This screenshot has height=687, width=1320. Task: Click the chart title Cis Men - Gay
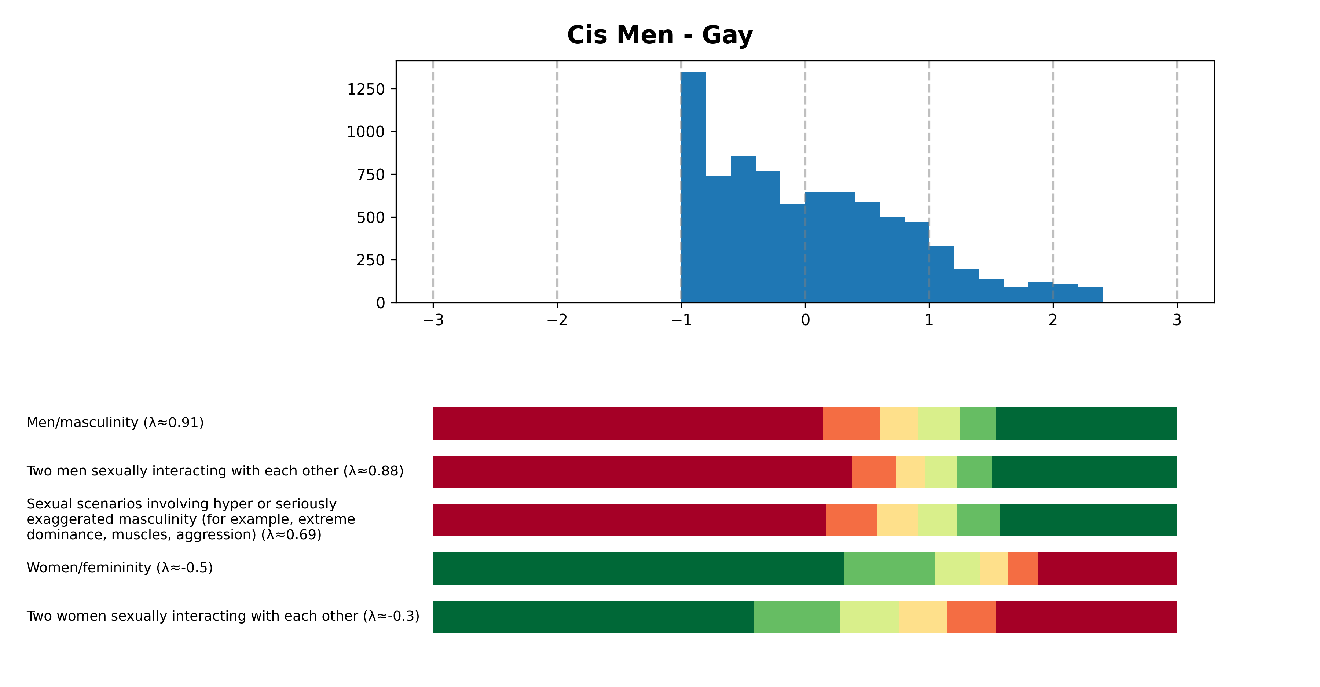[660, 35]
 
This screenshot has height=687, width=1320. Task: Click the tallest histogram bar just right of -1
[693, 187]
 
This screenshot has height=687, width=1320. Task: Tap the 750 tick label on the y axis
[370, 175]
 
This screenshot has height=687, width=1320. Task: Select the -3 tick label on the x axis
[433, 320]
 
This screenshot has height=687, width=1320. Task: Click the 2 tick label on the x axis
[1053, 320]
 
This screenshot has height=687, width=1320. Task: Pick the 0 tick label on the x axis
[805, 320]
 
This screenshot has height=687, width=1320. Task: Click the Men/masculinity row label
[115, 423]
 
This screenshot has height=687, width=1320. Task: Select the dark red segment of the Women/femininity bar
[1107, 568]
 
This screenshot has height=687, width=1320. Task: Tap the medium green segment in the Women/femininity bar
[890, 568]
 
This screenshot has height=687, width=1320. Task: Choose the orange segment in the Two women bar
[972, 617]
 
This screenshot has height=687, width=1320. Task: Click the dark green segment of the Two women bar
[593, 617]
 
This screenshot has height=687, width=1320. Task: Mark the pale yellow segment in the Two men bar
[910, 471]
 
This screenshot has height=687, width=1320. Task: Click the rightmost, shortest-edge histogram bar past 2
[1090, 295]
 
